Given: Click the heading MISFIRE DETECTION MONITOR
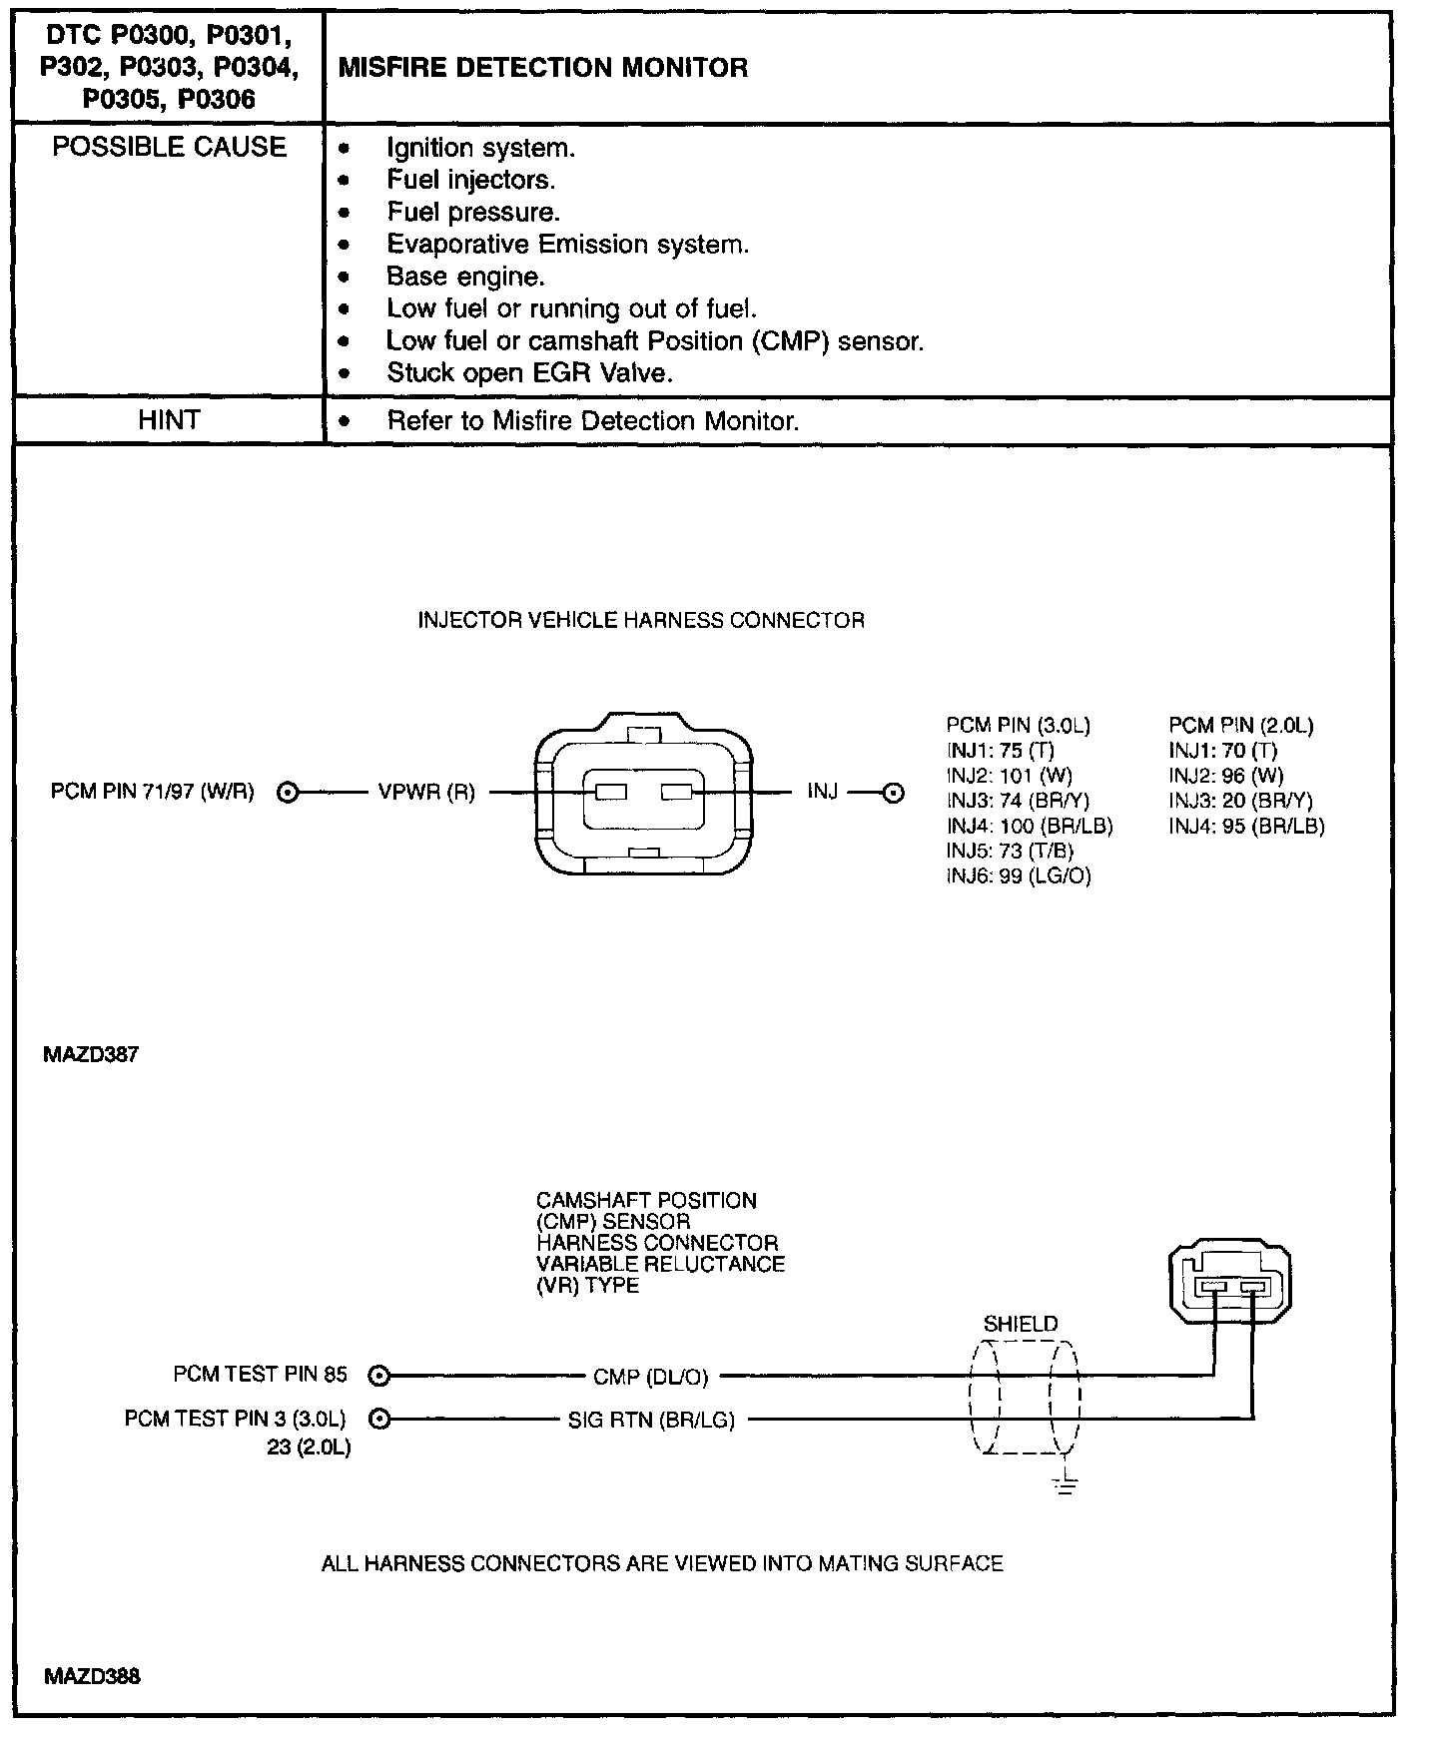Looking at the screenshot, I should pyautogui.click(x=543, y=68).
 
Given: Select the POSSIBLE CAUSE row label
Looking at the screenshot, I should pyautogui.click(x=169, y=147).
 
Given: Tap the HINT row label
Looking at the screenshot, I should pyautogui.click(x=169, y=420).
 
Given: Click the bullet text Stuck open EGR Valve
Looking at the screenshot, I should pyautogui.click(x=529, y=373).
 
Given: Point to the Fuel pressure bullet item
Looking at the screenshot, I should pyautogui.click(x=473, y=213).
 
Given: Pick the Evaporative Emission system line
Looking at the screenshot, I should pyautogui.click(x=567, y=245).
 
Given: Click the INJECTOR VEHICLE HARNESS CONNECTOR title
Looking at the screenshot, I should pyautogui.click(x=640, y=621).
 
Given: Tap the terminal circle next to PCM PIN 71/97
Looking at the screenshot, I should pyautogui.click(x=288, y=793).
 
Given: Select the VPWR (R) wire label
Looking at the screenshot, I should pyautogui.click(x=426, y=793).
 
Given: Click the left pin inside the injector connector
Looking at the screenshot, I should pyautogui.click(x=610, y=793).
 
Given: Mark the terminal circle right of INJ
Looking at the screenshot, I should pyautogui.click(x=895, y=794).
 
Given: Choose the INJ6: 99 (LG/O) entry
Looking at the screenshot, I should pyautogui.click(x=1019, y=876).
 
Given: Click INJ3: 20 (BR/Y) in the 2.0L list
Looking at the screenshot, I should pyautogui.click(x=1240, y=801).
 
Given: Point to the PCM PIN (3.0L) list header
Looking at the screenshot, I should pyautogui.click(x=1018, y=726).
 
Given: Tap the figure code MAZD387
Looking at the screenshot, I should pyautogui.click(x=91, y=1054).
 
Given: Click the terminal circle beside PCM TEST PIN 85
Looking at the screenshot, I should pyautogui.click(x=378, y=1376).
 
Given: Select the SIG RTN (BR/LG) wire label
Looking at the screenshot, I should pyautogui.click(x=651, y=1420).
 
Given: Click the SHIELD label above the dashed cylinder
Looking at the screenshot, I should pyautogui.click(x=1020, y=1325).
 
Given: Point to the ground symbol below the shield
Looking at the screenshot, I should pyautogui.click(x=1067, y=1485).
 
